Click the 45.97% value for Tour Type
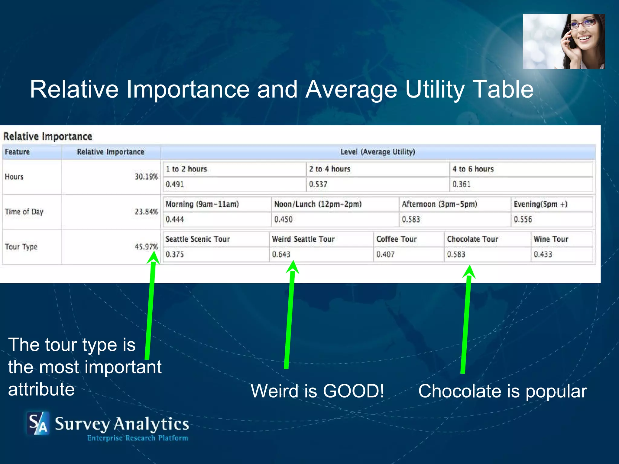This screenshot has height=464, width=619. [146, 247]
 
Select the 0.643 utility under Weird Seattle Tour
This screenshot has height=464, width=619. [281, 254]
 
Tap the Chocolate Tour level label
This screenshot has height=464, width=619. [472, 239]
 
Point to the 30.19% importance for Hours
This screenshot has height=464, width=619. [146, 177]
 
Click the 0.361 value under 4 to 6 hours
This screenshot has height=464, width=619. [462, 184]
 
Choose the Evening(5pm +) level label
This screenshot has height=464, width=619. [540, 204]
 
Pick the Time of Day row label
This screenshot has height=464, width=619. [24, 212]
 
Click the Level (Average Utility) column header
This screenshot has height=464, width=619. [378, 152]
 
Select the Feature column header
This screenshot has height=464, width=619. [17, 152]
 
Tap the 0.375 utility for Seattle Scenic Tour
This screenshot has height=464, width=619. [175, 254]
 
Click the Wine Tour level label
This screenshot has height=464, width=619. [551, 239]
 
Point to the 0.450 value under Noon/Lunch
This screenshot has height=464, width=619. [283, 219]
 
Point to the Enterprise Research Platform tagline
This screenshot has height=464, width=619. [138, 438]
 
